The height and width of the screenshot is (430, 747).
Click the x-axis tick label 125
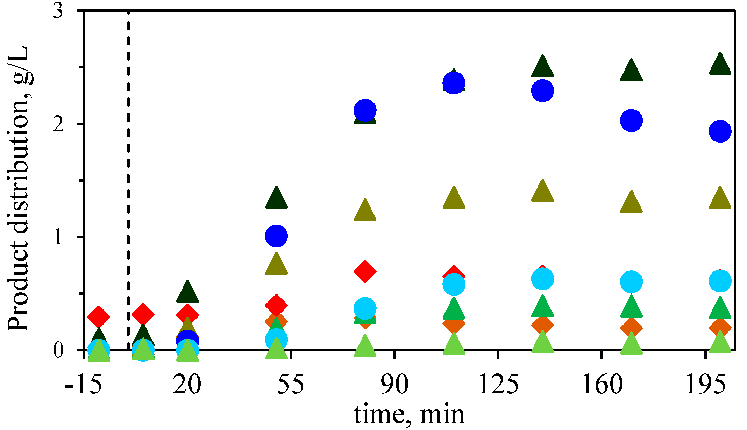(x=498, y=384)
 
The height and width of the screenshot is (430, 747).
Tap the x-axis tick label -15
(x=83, y=384)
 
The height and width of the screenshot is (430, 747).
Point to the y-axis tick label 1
(x=58, y=237)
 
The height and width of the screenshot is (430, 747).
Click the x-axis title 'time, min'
(x=409, y=415)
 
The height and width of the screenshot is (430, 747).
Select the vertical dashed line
(x=128, y=175)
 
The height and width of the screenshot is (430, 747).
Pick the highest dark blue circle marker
(x=454, y=83)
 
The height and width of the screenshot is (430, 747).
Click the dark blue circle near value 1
(x=276, y=236)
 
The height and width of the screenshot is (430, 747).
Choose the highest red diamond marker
(x=365, y=271)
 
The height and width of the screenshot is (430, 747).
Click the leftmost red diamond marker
(x=99, y=317)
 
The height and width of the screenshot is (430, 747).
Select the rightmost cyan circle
(x=720, y=281)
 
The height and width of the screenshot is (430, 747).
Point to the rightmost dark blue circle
(x=720, y=131)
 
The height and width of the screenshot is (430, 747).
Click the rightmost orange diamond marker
(x=720, y=328)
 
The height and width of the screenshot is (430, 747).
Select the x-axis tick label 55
(x=291, y=384)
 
